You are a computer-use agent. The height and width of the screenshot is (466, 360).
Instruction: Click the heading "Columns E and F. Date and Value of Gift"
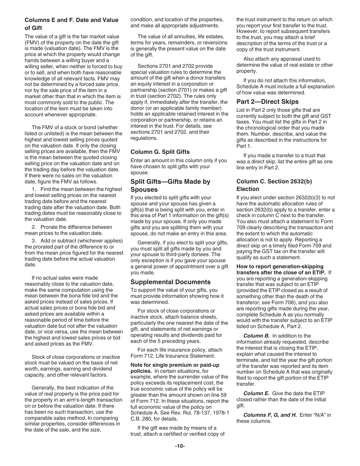click(x=71, y=24)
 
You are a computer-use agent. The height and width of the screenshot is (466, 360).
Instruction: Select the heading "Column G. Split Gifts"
click(x=160, y=152)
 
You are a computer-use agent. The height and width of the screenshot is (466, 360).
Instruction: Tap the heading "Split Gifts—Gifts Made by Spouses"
click(x=170, y=185)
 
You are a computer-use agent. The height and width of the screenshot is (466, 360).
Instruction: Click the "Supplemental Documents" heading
click(x=170, y=282)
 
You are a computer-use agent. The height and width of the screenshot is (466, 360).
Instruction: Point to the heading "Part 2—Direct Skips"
click(x=267, y=102)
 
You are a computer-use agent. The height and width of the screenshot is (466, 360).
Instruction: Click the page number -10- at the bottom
click(x=180, y=446)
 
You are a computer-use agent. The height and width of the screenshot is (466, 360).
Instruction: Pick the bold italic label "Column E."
click(x=256, y=393)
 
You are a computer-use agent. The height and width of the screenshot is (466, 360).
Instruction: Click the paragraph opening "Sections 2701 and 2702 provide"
click(x=175, y=66)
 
